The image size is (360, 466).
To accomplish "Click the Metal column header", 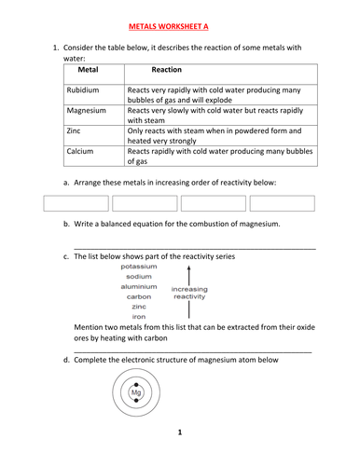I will coord(89,70).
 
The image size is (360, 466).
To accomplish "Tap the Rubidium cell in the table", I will coord(87,90).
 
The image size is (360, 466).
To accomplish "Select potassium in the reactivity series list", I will coord(138,267).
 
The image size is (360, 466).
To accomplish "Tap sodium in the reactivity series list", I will coord(138,277).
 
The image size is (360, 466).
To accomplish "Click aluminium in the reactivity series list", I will coord(138,287).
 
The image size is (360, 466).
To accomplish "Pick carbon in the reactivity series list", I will coord(138,296).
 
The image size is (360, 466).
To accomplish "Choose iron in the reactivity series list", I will coord(138,317).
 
